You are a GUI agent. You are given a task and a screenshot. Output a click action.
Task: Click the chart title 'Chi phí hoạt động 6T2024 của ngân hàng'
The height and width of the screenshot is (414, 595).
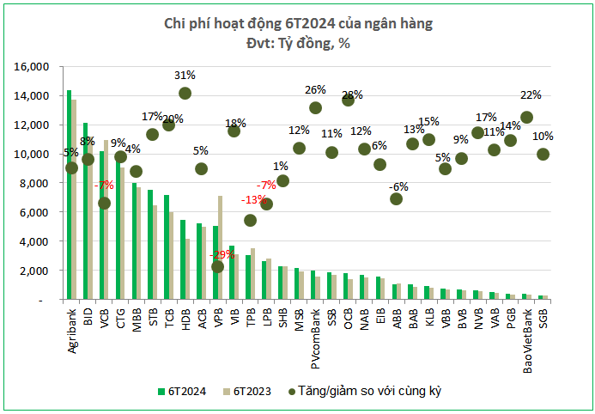point(298,23)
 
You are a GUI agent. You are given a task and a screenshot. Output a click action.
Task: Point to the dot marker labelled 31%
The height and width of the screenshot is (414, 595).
point(185,93)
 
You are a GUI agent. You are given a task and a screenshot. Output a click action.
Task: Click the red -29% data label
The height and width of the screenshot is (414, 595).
point(221,255)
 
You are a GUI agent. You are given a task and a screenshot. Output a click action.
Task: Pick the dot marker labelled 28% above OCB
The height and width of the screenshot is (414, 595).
point(349,100)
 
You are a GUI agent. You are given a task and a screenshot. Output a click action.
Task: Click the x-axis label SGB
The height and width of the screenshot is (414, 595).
point(543,317)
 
